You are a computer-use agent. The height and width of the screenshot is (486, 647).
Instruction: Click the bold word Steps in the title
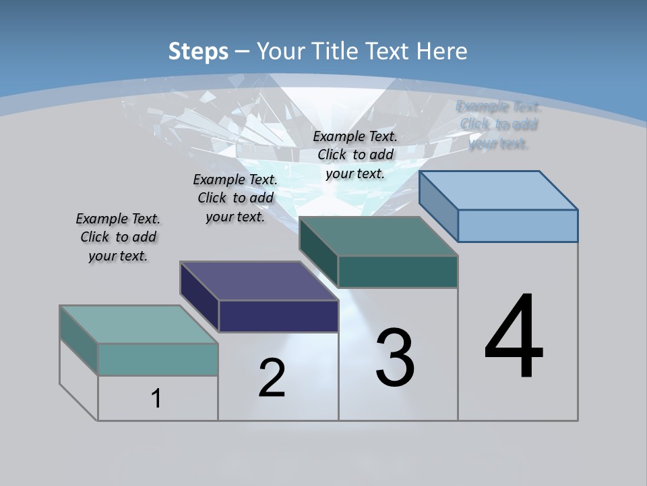click(x=198, y=51)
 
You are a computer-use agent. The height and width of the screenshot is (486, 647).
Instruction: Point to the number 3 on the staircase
click(x=395, y=358)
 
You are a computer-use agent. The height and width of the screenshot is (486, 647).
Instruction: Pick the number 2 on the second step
click(x=272, y=378)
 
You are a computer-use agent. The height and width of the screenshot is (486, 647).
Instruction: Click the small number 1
click(x=156, y=399)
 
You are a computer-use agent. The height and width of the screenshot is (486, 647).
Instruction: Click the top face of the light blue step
click(x=499, y=190)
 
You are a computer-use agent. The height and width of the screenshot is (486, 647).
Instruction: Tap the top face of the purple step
click(x=259, y=281)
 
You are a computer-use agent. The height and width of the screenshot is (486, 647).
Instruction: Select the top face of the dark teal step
click(x=379, y=237)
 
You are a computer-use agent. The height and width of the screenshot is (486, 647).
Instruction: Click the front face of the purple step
click(x=278, y=316)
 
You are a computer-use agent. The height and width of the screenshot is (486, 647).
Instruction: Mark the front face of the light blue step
click(x=518, y=225)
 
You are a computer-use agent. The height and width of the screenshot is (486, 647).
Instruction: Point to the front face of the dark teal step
click(x=398, y=271)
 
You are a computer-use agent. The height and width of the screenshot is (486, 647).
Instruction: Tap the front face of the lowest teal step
click(x=158, y=359)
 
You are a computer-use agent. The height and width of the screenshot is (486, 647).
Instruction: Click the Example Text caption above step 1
click(x=118, y=237)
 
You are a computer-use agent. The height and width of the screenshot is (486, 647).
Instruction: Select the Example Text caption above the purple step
click(x=235, y=198)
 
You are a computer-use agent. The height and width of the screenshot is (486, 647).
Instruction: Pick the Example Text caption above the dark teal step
click(x=355, y=155)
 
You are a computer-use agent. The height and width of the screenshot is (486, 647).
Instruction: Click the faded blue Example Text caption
click(x=499, y=125)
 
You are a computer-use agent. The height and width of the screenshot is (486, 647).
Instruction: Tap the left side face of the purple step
click(x=199, y=297)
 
